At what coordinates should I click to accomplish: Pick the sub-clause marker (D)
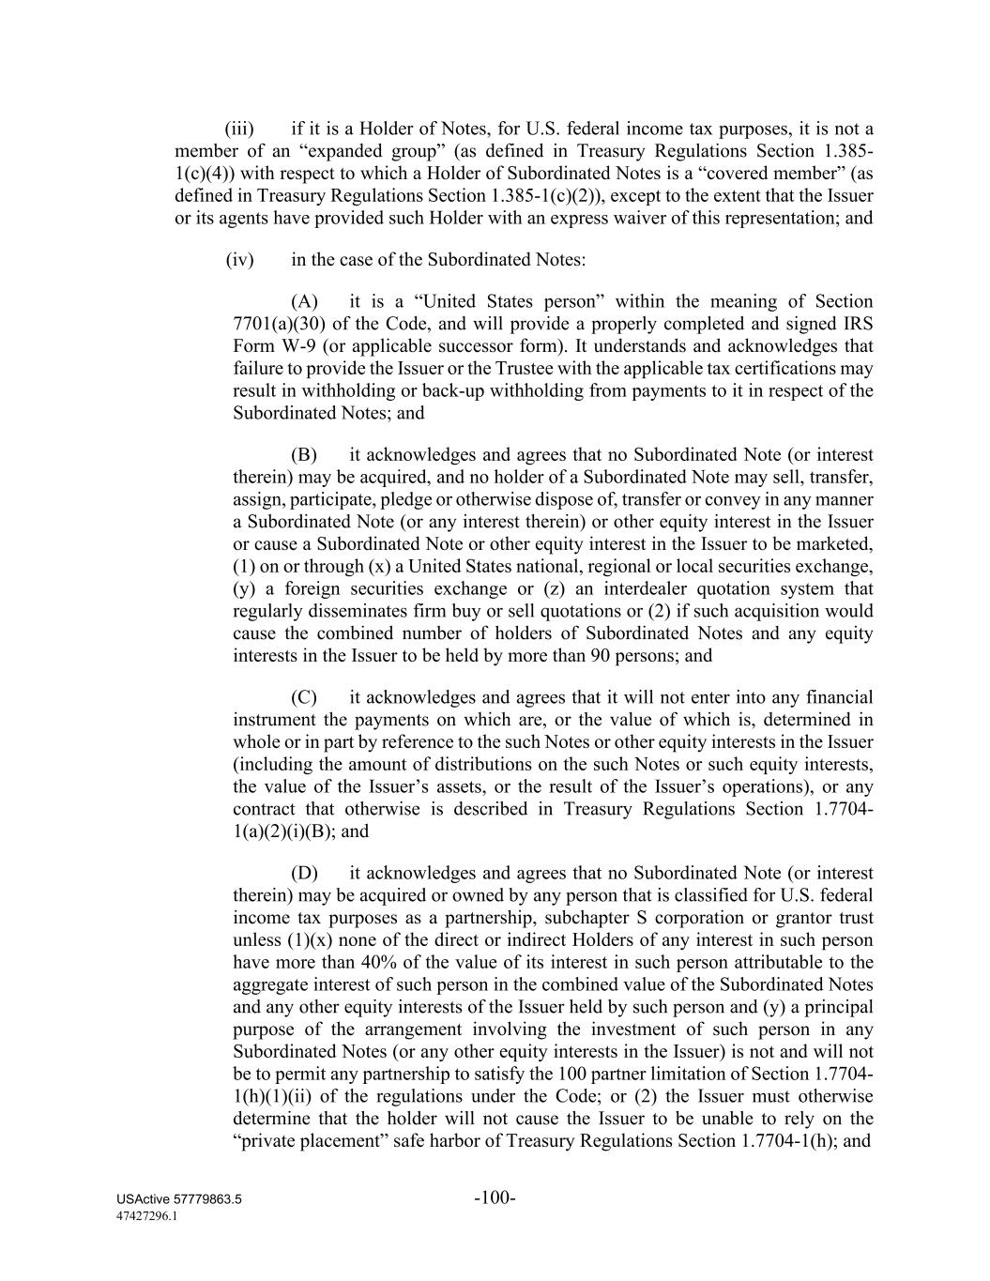click(x=304, y=873)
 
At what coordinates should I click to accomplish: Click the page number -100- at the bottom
click(x=495, y=1197)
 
